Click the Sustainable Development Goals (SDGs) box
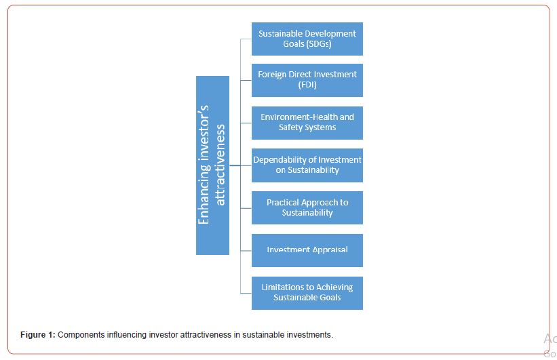(307, 39)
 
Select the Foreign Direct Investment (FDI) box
(307, 80)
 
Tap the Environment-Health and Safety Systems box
(307, 123)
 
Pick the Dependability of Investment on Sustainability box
(307, 165)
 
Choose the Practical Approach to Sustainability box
(307, 207)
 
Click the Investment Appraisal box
(307, 250)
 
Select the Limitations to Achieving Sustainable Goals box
(307, 293)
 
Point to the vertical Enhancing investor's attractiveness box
(212, 165)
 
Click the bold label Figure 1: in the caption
(38, 335)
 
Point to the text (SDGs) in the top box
(319, 44)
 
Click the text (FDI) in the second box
(307, 85)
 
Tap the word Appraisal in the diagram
(330, 250)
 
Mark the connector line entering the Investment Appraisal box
(246, 251)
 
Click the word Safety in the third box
(288, 127)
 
